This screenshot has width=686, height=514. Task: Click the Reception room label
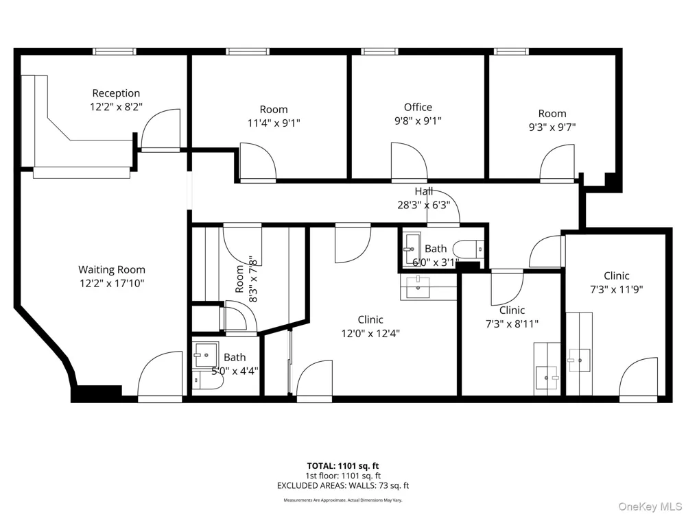(x=116, y=93)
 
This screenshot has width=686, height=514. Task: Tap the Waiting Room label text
(x=112, y=269)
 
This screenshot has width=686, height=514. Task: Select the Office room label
(x=418, y=107)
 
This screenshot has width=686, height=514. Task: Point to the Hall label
(x=423, y=191)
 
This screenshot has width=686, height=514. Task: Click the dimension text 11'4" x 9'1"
(x=274, y=123)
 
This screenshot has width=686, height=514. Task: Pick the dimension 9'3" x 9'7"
(x=552, y=127)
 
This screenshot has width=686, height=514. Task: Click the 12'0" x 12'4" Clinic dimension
(x=370, y=334)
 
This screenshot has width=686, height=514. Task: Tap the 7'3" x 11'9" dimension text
(x=617, y=289)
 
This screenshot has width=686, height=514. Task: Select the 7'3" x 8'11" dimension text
(x=512, y=324)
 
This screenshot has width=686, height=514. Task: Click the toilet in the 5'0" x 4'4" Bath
(x=207, y=380)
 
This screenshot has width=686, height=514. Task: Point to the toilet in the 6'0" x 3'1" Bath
(x=468, y=250)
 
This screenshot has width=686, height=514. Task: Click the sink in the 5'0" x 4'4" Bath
(x=206, y=354)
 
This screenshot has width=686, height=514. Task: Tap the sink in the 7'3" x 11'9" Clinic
(x=579, y=360)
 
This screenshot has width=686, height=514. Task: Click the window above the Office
(x=380, y=51)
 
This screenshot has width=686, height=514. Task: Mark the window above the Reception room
(x=114, y=51)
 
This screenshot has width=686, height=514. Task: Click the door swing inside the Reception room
(x=160, y=130)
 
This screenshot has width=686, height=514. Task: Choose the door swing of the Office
(x=409, y=160)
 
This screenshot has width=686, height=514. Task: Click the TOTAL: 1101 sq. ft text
(x=343, y=466)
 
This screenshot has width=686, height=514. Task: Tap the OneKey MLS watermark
(x=650, y=506)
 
